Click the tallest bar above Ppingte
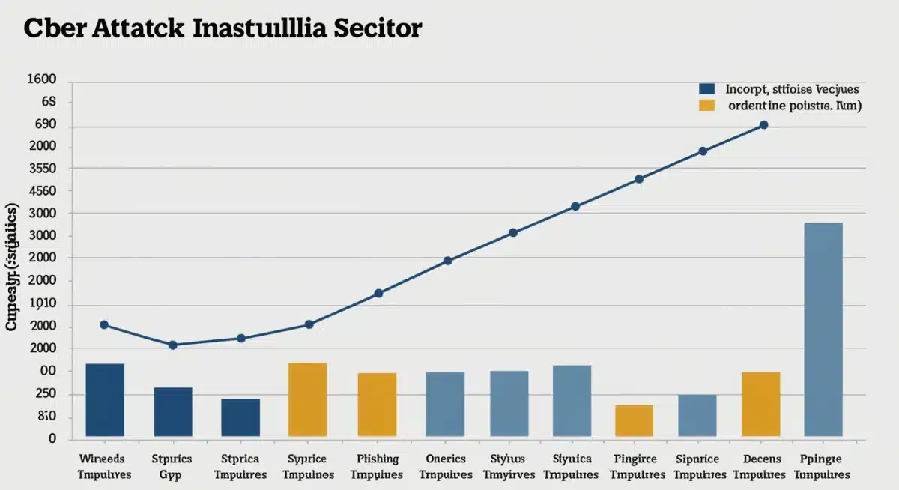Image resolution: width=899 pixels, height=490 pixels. tap(823, 329)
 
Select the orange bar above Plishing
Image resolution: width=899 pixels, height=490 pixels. tap(377, 404)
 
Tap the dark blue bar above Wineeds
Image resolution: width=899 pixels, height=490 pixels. tap(105, 399)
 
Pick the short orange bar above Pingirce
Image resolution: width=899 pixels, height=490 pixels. tap(634, 420)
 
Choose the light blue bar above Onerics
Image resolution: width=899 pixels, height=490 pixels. tap(445, 403)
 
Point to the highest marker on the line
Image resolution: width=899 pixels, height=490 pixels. tap(763, 125)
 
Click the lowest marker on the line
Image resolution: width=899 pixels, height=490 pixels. tap(172, 345)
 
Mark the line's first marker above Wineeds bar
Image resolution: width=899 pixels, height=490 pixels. tap(103, 324)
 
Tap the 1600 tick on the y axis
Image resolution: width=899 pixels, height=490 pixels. tap(42, 79)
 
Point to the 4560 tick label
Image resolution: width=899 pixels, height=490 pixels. tap(42, 191)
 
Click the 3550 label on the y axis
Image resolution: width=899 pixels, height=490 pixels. tap(42, 169)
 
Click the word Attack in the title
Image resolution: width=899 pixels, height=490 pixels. tap(138, 28)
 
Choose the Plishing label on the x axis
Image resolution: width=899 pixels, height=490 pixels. tap(378, 459)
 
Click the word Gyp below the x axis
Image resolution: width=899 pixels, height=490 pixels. tap(172, 474)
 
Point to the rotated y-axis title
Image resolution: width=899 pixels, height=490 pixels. tap(13, 266)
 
